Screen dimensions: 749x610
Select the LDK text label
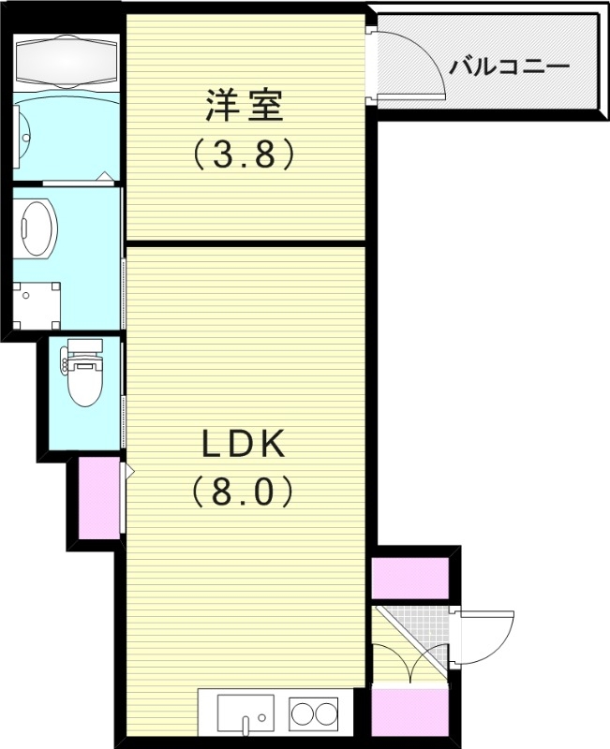pos(244,445)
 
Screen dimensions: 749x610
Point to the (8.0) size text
pos(244,491)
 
